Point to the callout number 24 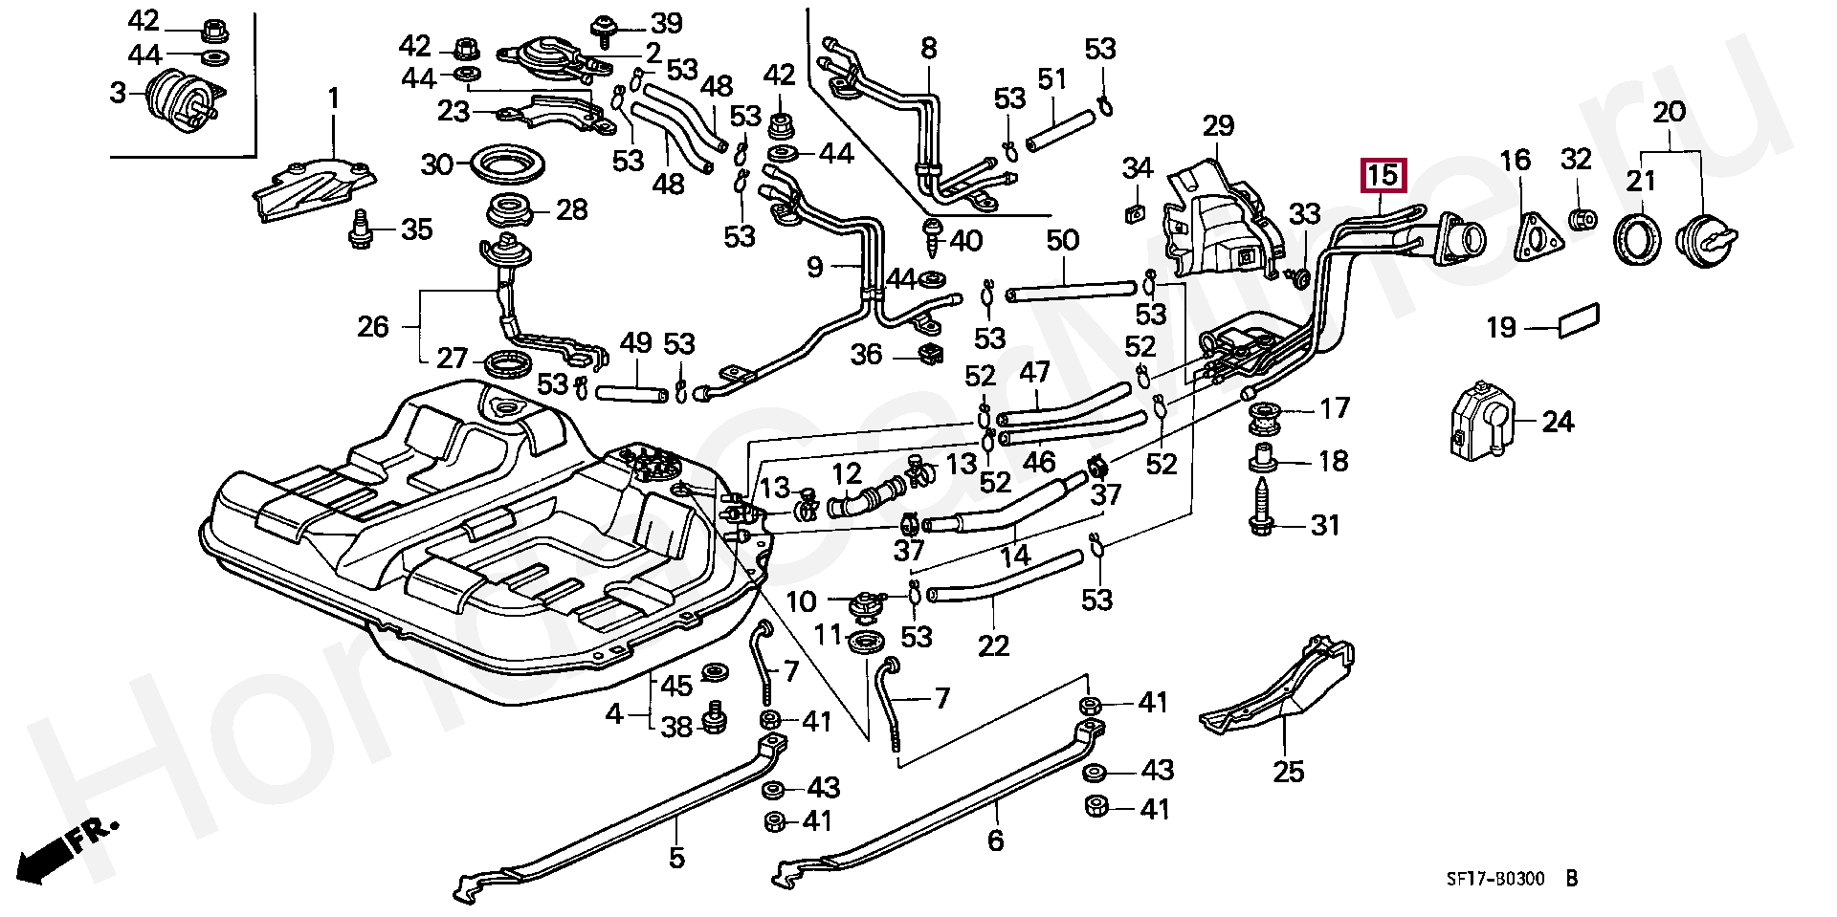[1558, 422]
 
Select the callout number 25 [1289, 771]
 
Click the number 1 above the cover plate [334, 98]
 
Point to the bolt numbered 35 [362, 229]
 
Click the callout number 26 [373, 327]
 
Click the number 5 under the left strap [676, 858]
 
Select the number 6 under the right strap [995, 841]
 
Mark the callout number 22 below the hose [993, 646]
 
